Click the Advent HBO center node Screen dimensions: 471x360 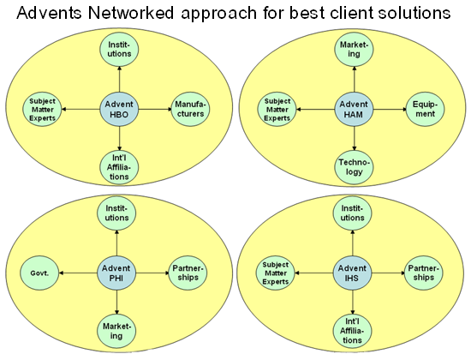[119, 110]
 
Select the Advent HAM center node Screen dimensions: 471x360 [354, 110]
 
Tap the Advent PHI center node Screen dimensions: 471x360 [116, 273]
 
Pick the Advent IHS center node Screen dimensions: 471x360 [352, 273]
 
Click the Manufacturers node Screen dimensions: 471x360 [190, 110]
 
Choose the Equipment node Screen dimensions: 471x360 [425, 110]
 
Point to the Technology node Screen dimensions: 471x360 [354, 167]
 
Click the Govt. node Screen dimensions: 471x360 [39, 273]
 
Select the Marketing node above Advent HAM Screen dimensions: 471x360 [354, 50]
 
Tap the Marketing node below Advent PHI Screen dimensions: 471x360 [116, 331]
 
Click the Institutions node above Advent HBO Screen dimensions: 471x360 [119, 50]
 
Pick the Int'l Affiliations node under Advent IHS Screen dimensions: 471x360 [352, 331]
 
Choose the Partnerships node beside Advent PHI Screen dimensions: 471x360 [188, 273]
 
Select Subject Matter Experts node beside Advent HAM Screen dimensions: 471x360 [277, 110]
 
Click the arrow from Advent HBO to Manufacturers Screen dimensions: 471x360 [155, 110]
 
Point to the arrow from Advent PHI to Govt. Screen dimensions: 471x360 [78, 273]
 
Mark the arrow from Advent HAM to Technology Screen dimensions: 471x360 [355, 139]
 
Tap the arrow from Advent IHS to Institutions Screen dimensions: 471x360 [352, 243]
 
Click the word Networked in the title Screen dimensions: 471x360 [131, 13]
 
